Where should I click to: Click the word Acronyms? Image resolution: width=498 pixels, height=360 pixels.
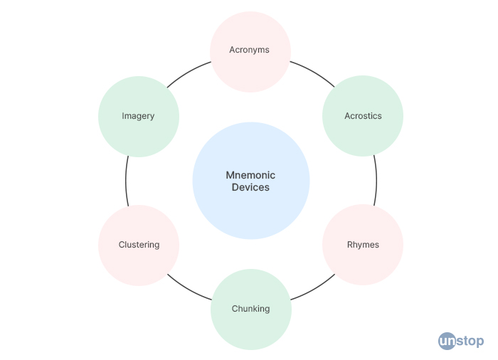[x=250, y=50]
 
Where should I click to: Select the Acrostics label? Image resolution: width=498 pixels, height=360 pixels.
[x=363, y=116]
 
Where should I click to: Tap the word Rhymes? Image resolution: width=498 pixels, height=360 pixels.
[x=363, y=245]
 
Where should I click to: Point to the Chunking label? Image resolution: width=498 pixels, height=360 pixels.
[x=250, y=309]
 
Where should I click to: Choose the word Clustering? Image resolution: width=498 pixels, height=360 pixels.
[x=139, y=245]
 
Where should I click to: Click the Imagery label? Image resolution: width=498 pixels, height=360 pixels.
[x=138, y=116]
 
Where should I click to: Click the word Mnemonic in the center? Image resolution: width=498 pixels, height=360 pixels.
[x=250, y=175]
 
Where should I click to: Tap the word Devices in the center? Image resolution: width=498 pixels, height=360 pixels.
[x=250, y=188]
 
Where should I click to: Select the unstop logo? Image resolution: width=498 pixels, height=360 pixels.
[x=460, y=341]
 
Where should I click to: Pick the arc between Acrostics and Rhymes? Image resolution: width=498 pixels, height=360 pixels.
[x=376, y=181]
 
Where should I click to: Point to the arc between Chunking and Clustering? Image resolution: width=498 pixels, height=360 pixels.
[x=189, y=290]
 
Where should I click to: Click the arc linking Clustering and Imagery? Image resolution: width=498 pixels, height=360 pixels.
[x=126, y=181]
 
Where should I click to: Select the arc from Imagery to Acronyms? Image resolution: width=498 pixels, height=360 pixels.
[x=189, y=70]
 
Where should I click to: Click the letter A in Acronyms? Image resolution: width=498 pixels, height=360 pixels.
[x=233, y=50]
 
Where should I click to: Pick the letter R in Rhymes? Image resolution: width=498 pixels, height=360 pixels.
[x=350, y=245]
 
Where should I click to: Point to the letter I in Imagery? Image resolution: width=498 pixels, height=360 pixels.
[x=123, y=116]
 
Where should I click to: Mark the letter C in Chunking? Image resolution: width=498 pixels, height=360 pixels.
[x=235, y=309]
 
